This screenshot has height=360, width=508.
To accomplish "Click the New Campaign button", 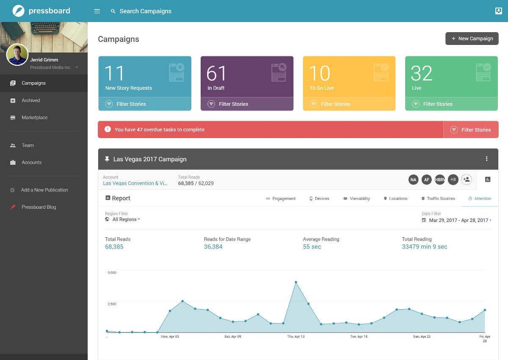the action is (472, 39).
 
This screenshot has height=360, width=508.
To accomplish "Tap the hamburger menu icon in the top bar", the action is (97, 11).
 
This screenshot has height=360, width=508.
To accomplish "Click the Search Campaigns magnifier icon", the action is (113, 11).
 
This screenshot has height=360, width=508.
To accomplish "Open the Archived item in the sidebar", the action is (30, 100).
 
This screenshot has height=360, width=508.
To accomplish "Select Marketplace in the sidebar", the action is (34, 117).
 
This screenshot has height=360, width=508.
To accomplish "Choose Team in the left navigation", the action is (28, 145).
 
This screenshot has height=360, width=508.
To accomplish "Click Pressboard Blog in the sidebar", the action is (39, 207).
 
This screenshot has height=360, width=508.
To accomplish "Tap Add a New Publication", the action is (44, 190).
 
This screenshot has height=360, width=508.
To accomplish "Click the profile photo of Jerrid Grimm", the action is (17, 55).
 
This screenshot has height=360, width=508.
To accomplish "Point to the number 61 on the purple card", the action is (216, 73).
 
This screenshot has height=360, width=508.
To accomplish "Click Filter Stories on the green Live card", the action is (438, 104).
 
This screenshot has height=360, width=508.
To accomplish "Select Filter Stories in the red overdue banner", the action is (476, 130).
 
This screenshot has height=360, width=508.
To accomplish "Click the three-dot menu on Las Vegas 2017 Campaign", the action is (487, 159).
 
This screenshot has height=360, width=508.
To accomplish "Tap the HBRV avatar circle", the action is (440, 180).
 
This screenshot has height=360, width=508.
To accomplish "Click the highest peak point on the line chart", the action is (296, 282).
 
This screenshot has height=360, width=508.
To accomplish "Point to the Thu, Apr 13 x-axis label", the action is (296, 336).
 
